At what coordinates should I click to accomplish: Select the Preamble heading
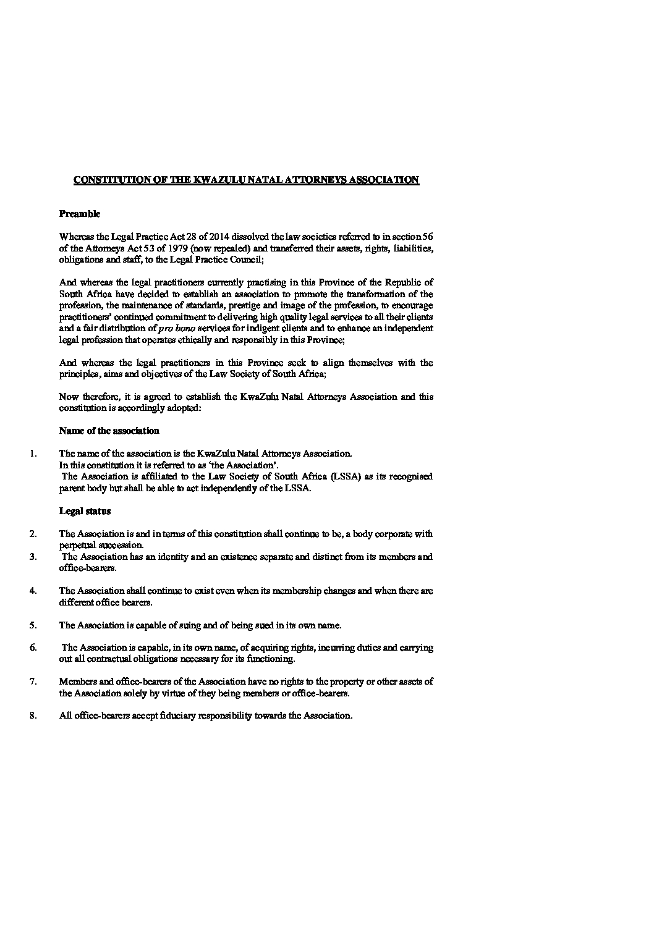(80, 214)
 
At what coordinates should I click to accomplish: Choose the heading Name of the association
(109, 431)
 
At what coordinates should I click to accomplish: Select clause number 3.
(33, 557)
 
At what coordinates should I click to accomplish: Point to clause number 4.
(33, 591)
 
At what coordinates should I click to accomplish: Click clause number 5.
(33, 625)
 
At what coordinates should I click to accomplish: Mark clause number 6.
(33, 648)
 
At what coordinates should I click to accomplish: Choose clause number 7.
(33, 682)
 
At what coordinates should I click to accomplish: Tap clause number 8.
(33, 716)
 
